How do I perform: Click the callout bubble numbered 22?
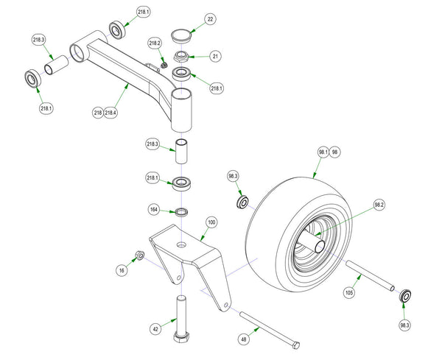pos(210,19)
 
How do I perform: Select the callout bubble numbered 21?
pos(216,56)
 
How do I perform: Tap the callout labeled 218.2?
pos(155,43)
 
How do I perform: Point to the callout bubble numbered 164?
pos(155,209)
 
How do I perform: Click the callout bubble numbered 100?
pos(211,222)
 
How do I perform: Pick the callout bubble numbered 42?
pos(156,329)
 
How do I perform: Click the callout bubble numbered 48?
pos(244,339)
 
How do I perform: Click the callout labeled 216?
pos(98,112)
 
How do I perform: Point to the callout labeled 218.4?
pos(112,112)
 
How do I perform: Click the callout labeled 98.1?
pos(323,152)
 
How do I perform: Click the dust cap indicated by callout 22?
pos(180,35)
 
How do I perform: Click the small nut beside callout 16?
pos(138,256)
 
